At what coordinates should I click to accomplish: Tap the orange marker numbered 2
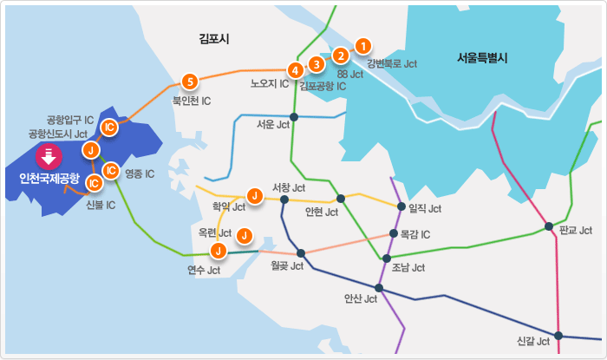click(342, 56)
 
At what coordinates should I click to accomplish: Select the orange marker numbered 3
click(317, 63)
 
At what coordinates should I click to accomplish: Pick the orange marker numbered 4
click(296, 69)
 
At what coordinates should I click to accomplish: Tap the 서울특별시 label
click(482, 59)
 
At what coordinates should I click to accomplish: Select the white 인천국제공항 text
click(49, 179)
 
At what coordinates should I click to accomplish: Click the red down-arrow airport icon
click(49, 157)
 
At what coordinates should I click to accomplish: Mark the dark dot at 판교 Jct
click(549, 227)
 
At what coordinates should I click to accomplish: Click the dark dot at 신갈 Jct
click(558, 336)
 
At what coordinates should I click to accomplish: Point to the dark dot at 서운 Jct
click(294, 116)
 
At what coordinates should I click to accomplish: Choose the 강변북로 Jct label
click(392, 63)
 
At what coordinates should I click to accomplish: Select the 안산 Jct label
click(360, 299)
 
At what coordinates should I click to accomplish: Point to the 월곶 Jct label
click(286, 265)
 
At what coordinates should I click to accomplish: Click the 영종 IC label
click(140, 173)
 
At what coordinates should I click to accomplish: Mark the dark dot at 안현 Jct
click(341, 199)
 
